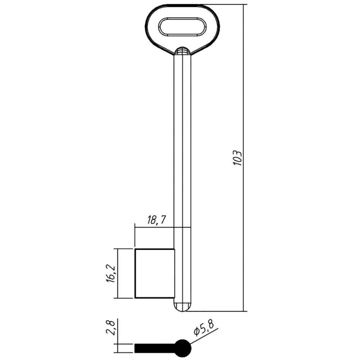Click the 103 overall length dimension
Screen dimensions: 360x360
(237, 158)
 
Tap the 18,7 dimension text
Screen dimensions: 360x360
(157, 220)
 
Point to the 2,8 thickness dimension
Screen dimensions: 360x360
(111, 329)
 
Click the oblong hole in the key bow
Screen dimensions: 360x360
(182, 27)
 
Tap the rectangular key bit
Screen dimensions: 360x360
(155, 274)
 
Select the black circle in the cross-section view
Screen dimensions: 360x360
(183, 348)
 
